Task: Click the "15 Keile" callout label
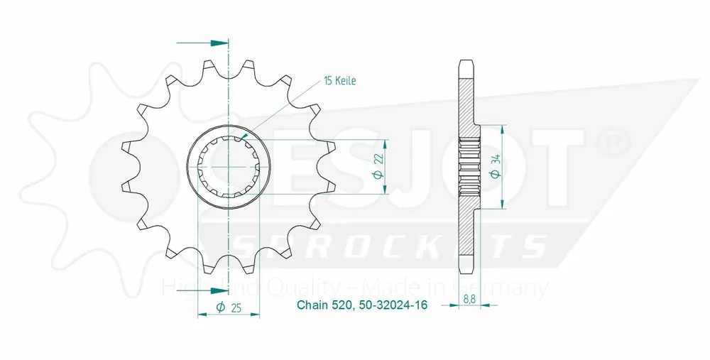coord(339,81)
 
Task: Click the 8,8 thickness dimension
coord(470,299)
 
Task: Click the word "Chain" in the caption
coord(311,306)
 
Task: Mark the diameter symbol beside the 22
coord(378,175)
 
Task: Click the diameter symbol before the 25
coord(220,307)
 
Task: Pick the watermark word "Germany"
coord(514,288)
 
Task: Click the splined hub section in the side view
coord(469,167)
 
